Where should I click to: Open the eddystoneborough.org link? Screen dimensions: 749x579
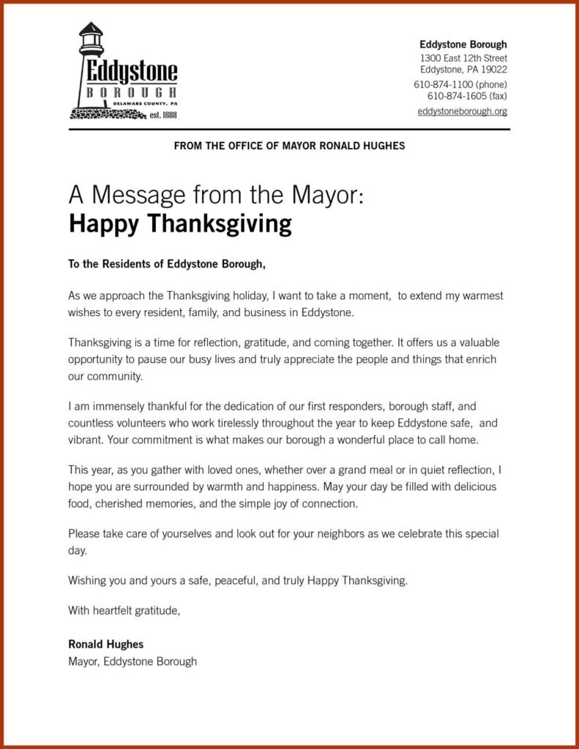pyautogui.click(x=462, y=111)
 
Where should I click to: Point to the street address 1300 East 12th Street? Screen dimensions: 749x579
pyautogui.click(x=463, y=58)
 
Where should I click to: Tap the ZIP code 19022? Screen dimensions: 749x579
pyautogui.click(x=493, y=69)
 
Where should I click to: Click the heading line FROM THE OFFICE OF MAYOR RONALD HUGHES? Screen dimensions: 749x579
pyautogui.click(x=289, y=146)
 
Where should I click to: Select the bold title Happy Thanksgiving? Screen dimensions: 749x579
pyautogui.click(x=180, y=224)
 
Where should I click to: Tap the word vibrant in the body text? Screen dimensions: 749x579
pyautogui.click(x=86, y=440)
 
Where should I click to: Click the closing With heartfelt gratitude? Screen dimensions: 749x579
pyautogui.click(x=124, y=609)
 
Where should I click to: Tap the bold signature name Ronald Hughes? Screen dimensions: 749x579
pyautogui.click(x=106, y=644)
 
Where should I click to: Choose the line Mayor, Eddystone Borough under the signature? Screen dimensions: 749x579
pyautogui.click(x=132, y=661)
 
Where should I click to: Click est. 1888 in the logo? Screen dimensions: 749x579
pyautogui.click(x=163, y=115)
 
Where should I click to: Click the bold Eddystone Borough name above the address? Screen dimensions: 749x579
pyautogui.click(x=463, y=45)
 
